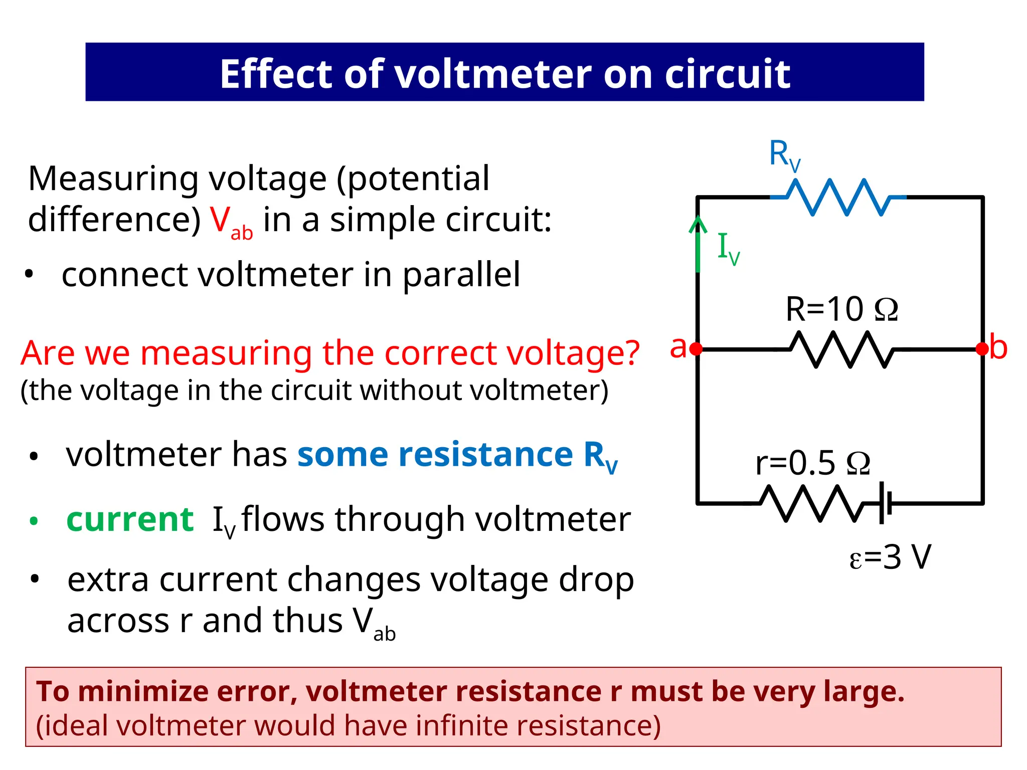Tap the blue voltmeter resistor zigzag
(838, 197)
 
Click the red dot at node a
(697, 349)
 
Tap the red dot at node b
(982, 349)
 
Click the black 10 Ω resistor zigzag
(841, 349)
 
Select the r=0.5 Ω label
(812, 463)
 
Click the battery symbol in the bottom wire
(886, 503)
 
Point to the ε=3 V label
(890, 557)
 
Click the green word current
(130, 519)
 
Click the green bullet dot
(34, 521)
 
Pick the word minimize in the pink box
(142, 692)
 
